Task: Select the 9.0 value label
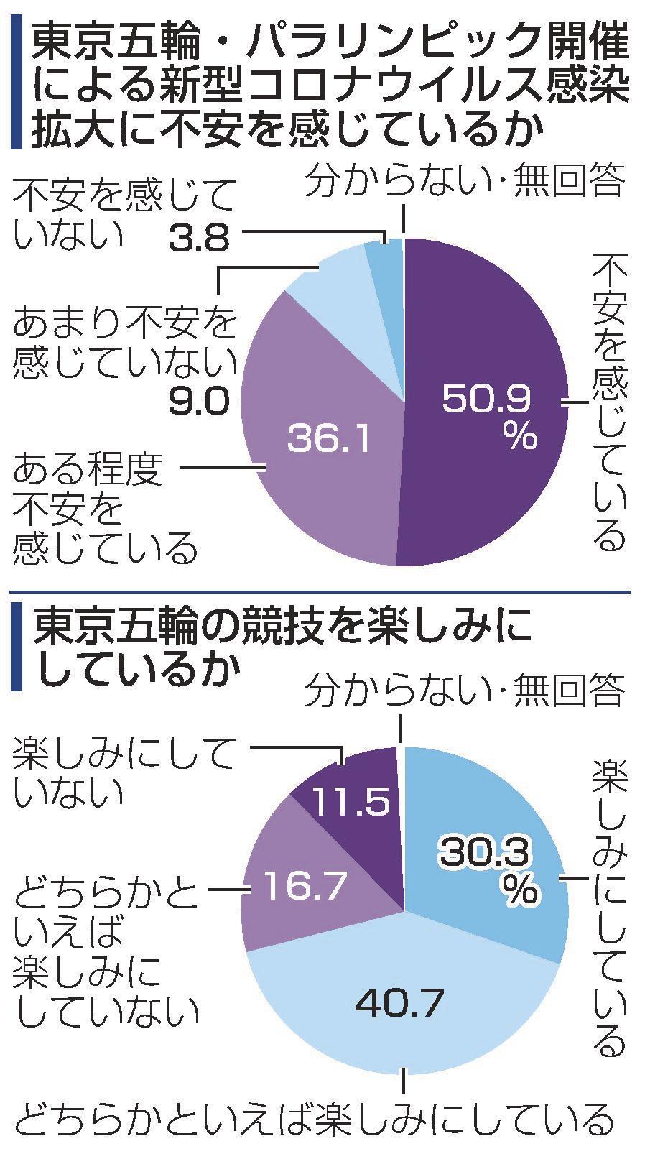coord(198,402)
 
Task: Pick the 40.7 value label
coord(399,1004)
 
